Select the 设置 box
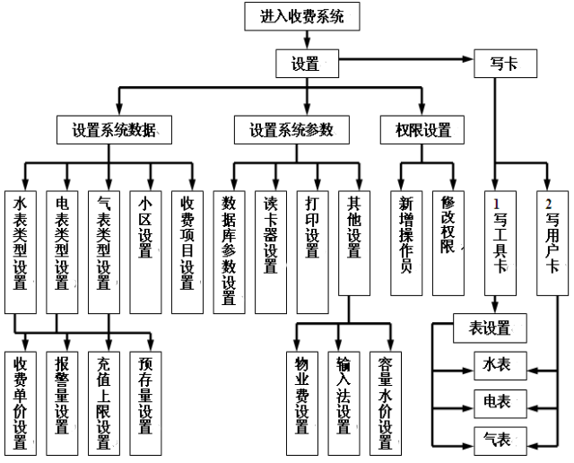click(307, 64)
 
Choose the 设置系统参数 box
click(291, 130)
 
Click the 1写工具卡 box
click(500, 242)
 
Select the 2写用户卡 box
click(550, 242)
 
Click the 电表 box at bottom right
click(492, 401)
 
